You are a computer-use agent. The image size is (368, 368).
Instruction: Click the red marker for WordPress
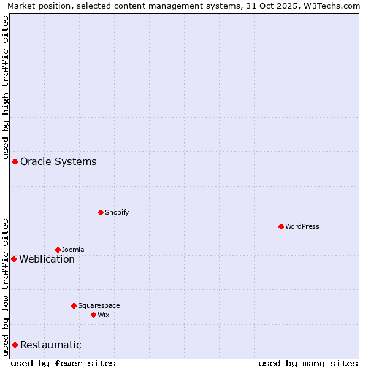(281, 226)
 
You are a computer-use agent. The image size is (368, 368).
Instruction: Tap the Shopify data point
(101, 212)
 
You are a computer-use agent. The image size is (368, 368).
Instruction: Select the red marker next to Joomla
(58, 250)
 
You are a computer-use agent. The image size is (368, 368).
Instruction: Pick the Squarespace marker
(74, 305)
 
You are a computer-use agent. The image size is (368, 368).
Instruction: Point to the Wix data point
(93, 315)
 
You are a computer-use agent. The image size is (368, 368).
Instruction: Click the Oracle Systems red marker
(15, 161)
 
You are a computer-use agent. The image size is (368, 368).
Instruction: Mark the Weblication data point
(13, 259)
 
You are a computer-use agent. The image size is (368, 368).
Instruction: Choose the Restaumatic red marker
(15, 345)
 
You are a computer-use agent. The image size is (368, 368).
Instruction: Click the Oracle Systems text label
(58, 162)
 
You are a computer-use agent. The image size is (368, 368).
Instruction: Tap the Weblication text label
(47, 259)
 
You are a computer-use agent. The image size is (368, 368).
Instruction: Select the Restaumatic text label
(50, 345)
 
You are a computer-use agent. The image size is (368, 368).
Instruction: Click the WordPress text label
(302, 226)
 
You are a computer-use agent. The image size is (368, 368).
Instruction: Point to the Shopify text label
(117, 212)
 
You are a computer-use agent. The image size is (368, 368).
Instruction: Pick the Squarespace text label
(99, 305)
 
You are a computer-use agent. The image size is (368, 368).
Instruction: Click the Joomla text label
(73, 250)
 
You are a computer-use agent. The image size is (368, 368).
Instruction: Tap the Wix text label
(103, 315)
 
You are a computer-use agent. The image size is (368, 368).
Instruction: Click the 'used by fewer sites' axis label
(63, 363)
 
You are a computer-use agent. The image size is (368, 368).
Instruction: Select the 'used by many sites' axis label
(308, 363)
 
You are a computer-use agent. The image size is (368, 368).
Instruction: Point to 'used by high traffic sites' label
(6, 86)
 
